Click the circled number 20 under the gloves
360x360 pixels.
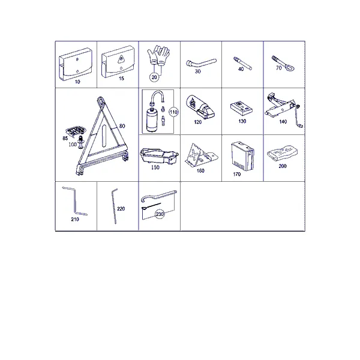[x=154, y=77]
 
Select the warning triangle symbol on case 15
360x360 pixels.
[x=121, y=59]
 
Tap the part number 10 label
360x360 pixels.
[x=77, y=82]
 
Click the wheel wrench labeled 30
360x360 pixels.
[x=201, y=62]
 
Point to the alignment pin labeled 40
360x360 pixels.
[x=242, y=63]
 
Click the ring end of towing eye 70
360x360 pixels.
[x=290, y=67]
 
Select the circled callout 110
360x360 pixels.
[x=173, y=112]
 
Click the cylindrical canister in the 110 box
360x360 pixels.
[x=152, y=119]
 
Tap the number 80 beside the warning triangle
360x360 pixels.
[x=122, y=126]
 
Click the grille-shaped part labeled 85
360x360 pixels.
[x=75, y=131]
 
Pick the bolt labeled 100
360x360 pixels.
[x=81, y=142]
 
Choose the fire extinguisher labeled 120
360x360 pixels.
[x=200, y=107]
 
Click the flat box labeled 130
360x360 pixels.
[x=242, y=108]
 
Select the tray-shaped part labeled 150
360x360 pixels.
[x=159, y=156]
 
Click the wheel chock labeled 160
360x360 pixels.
[x=200, y=155]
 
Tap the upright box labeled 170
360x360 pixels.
[x=243, y=156]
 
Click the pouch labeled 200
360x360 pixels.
[x=283, y=152]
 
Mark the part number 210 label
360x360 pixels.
[x=75, y=219]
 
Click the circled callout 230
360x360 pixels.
[x=160, y=214]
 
